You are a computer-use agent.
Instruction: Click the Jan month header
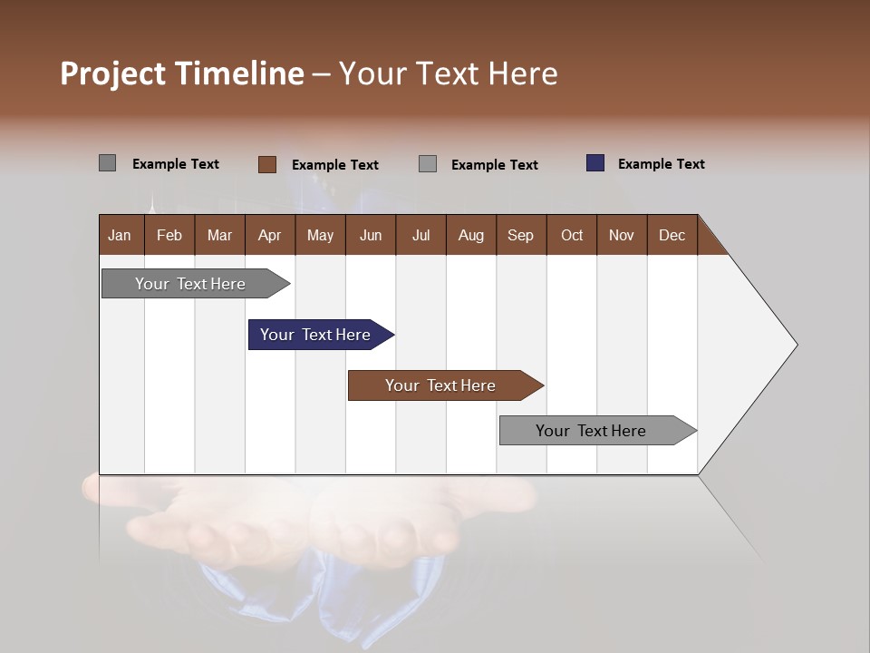[x=121, y=235]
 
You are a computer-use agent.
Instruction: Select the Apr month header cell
[x=270, y=235]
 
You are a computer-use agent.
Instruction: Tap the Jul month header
[x=420, y=235]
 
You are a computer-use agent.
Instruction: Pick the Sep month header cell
[x=521, y=235]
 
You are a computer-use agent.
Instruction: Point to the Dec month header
[x=672, y=235]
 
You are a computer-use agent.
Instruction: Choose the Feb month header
[x=169, y=235]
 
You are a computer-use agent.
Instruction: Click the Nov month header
[x=622, y=235]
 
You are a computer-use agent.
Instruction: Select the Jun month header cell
[x=371, y=235]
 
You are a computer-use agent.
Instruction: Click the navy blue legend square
[x=595, y=163]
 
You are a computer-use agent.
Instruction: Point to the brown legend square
[x=267, y=164]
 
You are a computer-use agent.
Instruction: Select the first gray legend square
[x=108, y=163]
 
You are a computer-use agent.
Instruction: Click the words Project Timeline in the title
[x=182, y=73]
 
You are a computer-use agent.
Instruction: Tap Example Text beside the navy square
[x=661, y=164]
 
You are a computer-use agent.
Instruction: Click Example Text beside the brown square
[x=334, y=165]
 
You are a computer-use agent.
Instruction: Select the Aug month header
[x=471, y=235]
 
